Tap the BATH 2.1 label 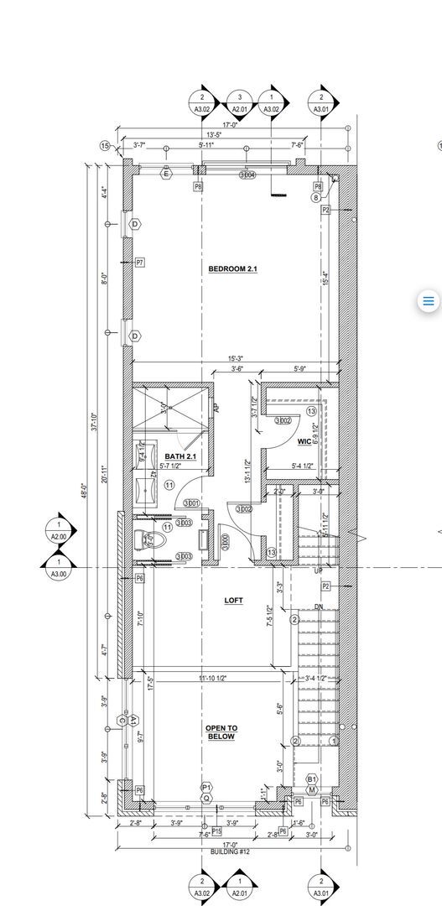[180, 456]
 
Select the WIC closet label [304, 442]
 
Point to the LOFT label [233, 601]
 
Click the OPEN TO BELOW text [222, 732]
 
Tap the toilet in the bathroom [149, 541]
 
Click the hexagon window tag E [165, 174]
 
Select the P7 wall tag [140, 263]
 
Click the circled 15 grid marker [106, 146]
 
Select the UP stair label [318, 570]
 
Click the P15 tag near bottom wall [216, 830]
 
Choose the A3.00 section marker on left [60, 568]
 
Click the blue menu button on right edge [428, 301]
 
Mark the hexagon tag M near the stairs [311, 789]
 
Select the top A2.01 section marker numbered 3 [240, 102]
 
